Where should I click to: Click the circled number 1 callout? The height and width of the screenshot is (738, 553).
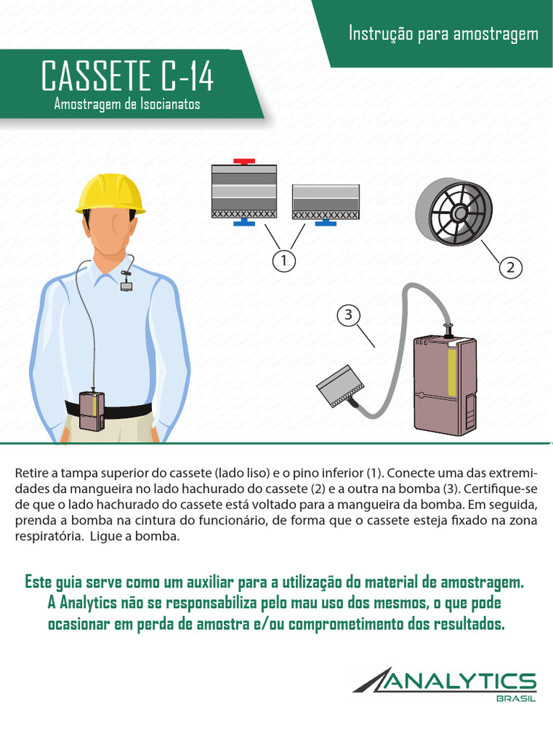[284, 260]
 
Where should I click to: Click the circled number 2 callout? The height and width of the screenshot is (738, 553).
[511, 267]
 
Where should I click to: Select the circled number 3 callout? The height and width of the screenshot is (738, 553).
[349, 314]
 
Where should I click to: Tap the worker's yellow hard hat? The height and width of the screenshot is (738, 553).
[111, 193]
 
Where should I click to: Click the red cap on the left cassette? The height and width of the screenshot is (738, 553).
[244, 161]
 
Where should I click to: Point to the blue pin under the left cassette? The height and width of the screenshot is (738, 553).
[244, 222]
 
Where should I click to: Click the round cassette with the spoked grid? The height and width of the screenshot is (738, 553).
[454, 213]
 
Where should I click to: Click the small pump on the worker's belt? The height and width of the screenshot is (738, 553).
[91, 410]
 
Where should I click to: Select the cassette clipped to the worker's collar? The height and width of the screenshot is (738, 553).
[125, 285]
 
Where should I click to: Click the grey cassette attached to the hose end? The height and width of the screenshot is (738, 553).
[340, 386]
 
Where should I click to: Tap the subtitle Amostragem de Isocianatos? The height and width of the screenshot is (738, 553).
[127, 104]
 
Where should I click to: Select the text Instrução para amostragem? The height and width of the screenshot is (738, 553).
[444, 33]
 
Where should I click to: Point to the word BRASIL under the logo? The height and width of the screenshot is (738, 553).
[516, 699]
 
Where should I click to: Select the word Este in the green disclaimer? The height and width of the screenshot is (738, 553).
[38, 582]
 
